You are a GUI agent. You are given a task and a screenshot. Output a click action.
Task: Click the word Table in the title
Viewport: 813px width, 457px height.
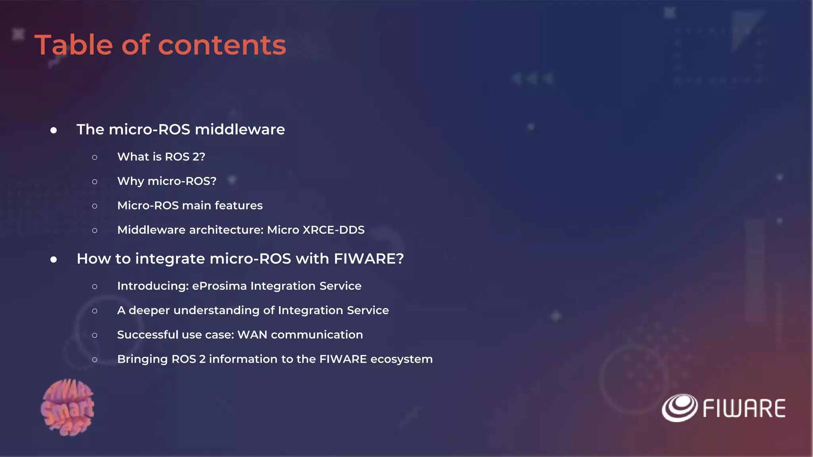[x=74, y=45]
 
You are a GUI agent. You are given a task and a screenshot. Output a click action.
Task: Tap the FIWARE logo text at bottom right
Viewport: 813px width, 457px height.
[x=744, y=409]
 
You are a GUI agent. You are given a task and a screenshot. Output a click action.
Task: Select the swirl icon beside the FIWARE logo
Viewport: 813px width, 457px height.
[x=679, y=408]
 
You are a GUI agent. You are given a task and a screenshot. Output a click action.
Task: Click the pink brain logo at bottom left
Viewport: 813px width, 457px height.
[x=67, y=407]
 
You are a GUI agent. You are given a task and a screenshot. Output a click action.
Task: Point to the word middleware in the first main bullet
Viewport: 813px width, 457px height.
[x=240, y=129]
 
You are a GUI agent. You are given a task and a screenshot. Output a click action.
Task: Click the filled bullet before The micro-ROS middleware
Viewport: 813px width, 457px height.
[x=54, y=130]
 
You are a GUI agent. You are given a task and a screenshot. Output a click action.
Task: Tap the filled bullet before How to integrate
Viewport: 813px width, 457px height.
[x=54, y=259]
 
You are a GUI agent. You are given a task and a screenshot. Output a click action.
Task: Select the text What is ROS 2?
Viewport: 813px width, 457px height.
[x=161, y=157]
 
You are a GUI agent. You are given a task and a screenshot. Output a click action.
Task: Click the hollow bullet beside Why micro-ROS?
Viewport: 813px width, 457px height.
[x=94, y=182]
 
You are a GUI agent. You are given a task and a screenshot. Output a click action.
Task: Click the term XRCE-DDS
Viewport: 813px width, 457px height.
[x=333, y=230]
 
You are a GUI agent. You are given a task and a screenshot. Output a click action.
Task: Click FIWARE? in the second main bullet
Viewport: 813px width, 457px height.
[x=369, y=259]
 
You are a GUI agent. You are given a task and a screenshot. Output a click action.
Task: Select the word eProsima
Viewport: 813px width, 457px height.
[x=219, y=286]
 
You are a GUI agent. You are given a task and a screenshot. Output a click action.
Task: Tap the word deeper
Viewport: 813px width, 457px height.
[x=149, y=310]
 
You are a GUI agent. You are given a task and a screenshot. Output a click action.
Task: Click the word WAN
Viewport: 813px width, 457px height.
[x=252, y=335]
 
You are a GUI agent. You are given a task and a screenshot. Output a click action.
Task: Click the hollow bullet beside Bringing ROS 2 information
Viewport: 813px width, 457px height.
[x=94, y=360]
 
